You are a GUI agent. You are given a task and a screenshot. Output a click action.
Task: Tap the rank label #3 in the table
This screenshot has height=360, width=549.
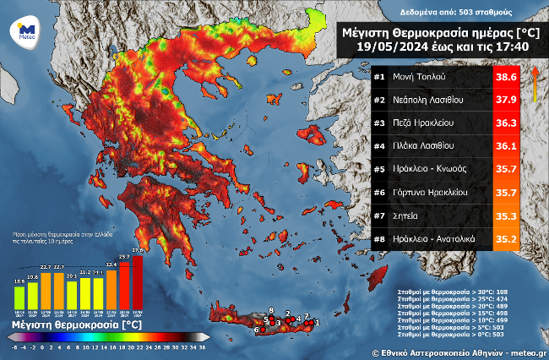[x=379, y=123]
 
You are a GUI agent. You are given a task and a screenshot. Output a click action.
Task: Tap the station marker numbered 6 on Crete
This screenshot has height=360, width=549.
[x=257, y=330]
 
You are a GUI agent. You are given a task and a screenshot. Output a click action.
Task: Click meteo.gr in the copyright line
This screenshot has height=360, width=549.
[x=525, y=351]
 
